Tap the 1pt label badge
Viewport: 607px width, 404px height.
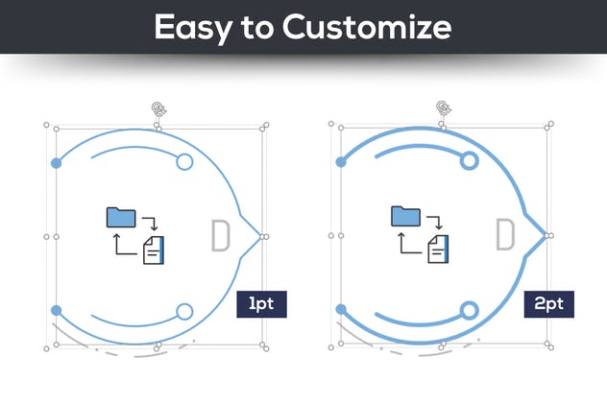tap(262, 304)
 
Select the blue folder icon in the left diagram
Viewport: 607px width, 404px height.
tap(122, 217)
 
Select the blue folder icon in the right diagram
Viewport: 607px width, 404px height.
tap(405, 217)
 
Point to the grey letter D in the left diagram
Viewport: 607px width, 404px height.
tap(220, 236)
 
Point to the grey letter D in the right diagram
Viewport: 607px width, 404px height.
tap(504, 236)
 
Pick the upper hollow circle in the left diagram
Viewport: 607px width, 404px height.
tap(184, 162)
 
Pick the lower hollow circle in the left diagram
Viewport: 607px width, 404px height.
tap(184, 310)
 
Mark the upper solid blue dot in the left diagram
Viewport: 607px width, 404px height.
tap(57, 162)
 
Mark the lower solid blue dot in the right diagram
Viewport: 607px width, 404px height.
tap(341, 310)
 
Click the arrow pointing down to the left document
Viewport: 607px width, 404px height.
tap(151, 225)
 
